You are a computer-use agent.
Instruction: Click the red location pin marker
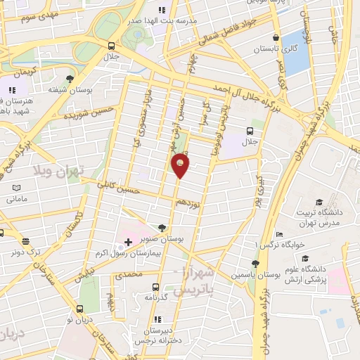point(180,165)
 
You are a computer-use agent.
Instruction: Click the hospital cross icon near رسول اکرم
point(127,241)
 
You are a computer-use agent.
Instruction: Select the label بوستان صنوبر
point(163,239)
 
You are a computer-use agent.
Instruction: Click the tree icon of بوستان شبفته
point(69,79)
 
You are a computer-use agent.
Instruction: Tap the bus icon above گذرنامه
point(156,286)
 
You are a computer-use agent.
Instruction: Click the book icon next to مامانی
point(16,188)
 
